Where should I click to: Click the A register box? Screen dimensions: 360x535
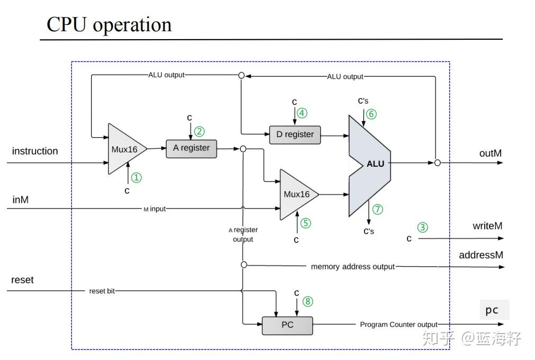[192, 149]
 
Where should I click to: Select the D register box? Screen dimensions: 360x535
[295, 134]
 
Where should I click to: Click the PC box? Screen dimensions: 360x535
[287, 325]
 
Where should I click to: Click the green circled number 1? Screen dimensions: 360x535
[137, 178]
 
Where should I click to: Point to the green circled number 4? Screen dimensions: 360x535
[302, 113]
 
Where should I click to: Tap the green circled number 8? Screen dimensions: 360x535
[308, 302]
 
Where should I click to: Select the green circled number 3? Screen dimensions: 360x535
[422, 228]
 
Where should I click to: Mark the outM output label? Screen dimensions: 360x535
[490, 154]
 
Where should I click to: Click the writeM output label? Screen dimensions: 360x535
[487, 226]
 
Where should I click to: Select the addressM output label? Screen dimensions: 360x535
[481, 255]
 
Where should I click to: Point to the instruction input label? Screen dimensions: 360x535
[35, 151]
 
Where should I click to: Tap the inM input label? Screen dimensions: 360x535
[21, 200]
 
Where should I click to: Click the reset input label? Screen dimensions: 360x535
[22, 280]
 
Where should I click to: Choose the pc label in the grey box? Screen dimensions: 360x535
[492, 310]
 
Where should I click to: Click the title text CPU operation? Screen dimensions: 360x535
[109, 25]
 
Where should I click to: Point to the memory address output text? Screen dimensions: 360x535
[352, 266]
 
